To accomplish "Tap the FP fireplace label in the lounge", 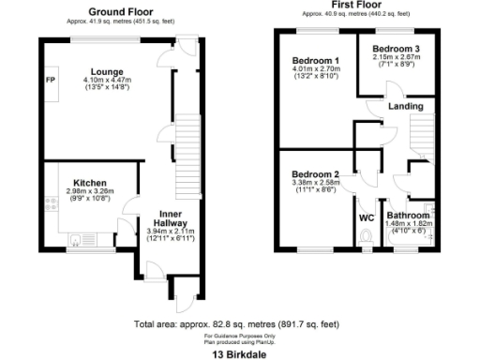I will click(50, 79).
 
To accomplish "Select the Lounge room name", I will click(107, 71).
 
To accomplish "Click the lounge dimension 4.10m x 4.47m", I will click(107, 81).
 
